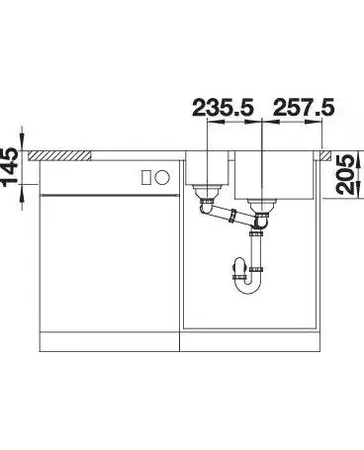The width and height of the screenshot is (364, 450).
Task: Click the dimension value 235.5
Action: coord(223,108)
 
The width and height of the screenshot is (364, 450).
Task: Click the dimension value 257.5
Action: coord(304,108)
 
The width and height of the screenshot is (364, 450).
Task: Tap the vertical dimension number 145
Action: coord(10,167)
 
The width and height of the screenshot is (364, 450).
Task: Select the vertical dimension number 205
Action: coord(345,175)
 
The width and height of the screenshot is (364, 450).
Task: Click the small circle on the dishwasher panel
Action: coord(162,178)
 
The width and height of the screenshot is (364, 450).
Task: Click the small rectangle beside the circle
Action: coord(146,178)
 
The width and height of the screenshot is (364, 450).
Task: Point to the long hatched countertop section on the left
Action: coord(59,156)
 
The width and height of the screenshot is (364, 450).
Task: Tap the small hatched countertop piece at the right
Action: coord(324,155)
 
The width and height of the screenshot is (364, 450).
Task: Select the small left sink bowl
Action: coord(208,168)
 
